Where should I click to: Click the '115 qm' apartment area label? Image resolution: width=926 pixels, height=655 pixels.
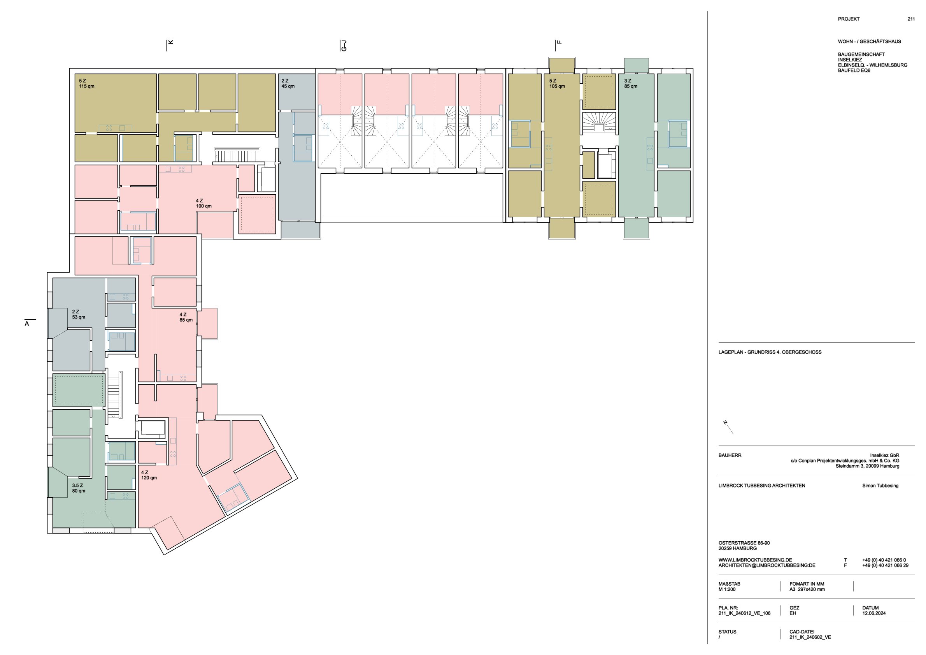(x=87, y=86)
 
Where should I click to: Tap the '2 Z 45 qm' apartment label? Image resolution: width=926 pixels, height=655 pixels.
(x=288, y=84)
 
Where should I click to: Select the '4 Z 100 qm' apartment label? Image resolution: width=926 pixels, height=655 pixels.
(x=203, y=203)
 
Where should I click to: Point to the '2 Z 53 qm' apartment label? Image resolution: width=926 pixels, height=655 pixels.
(x=79, y=314)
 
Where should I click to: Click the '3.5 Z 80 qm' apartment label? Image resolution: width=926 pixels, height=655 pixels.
(x=79, y=488)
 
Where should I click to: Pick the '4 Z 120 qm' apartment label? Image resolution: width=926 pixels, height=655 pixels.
(x=149, y=475)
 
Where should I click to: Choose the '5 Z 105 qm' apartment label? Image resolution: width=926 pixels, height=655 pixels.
(x=557, y=84)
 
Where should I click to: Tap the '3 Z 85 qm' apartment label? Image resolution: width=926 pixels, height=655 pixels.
(x=631, y=84)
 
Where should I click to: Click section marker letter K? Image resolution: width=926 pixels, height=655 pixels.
(x=170, y=42)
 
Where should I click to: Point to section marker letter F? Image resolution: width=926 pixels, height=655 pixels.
(x=559, y=42)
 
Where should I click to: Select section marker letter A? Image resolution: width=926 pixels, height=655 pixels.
(x=27, y=324)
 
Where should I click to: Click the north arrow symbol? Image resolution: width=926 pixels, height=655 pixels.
(x=728, y=427)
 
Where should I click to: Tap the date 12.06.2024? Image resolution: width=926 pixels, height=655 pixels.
(x=874, y=613)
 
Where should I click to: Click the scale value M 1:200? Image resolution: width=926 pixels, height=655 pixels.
(x=727, y=589)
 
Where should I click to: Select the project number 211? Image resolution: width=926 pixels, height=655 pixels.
(x=911, y=19)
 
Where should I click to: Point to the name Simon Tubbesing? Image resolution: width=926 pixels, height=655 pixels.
(x=880, y=486)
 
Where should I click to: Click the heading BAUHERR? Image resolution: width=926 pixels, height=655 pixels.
(x=730, y=455)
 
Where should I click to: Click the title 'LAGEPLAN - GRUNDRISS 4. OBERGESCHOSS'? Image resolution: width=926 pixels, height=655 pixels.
(x=770, y=352)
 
